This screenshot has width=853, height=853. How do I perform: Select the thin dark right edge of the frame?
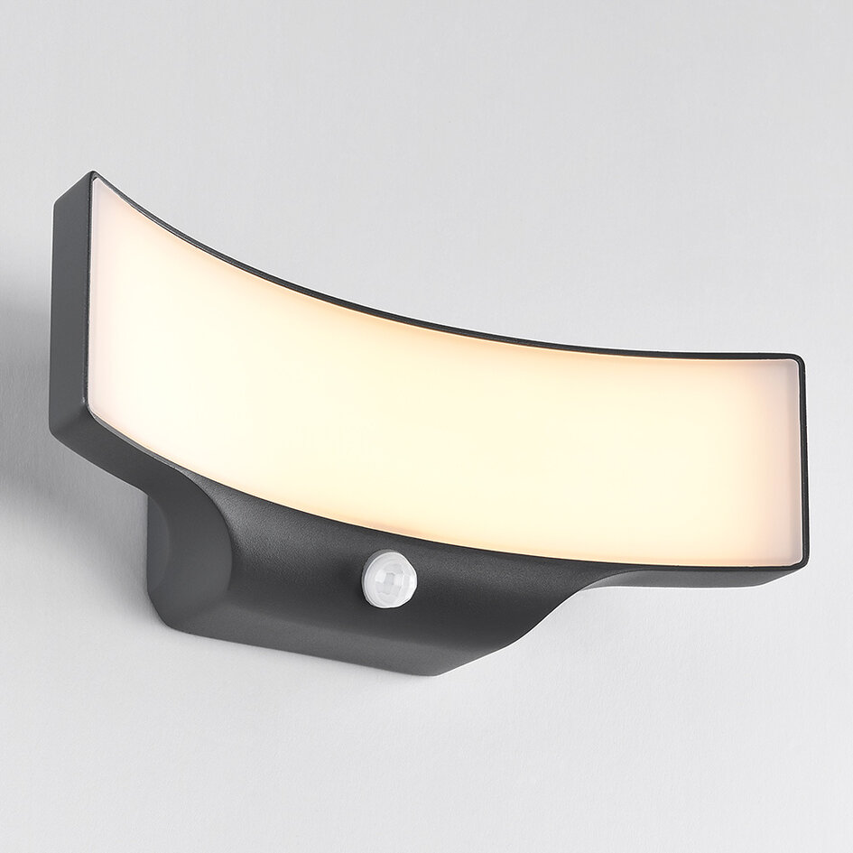[804, 460]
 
